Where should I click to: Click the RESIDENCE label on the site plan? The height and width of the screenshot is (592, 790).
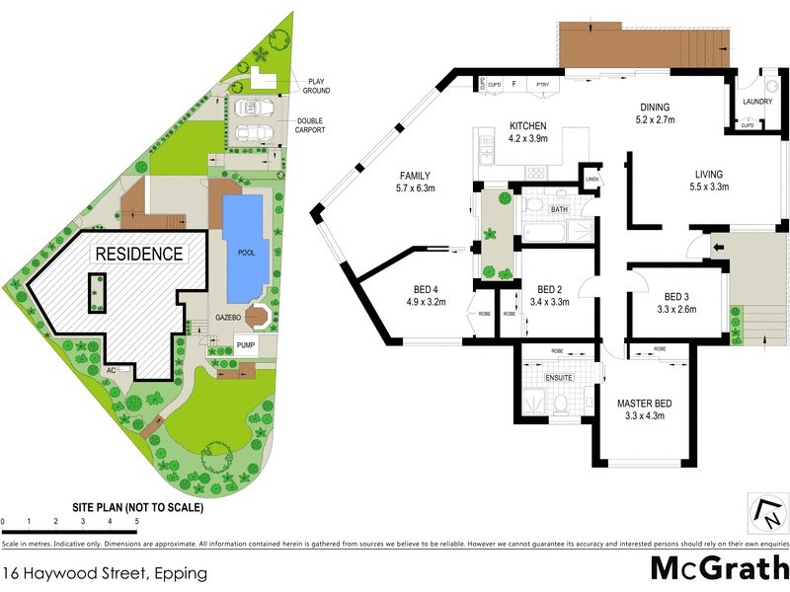pos(138,254)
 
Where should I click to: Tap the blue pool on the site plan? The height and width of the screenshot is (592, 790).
pos(243,249)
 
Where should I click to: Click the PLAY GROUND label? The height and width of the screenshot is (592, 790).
pos(317,86)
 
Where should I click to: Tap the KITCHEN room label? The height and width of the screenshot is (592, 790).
pos(527,126)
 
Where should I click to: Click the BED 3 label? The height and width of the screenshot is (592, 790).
pos(679,296)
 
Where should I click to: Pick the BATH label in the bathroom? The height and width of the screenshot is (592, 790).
pos(559,210)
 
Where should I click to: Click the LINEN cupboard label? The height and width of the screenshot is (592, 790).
pos(592,179)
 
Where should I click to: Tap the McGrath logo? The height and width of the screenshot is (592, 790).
pos(718,569)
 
